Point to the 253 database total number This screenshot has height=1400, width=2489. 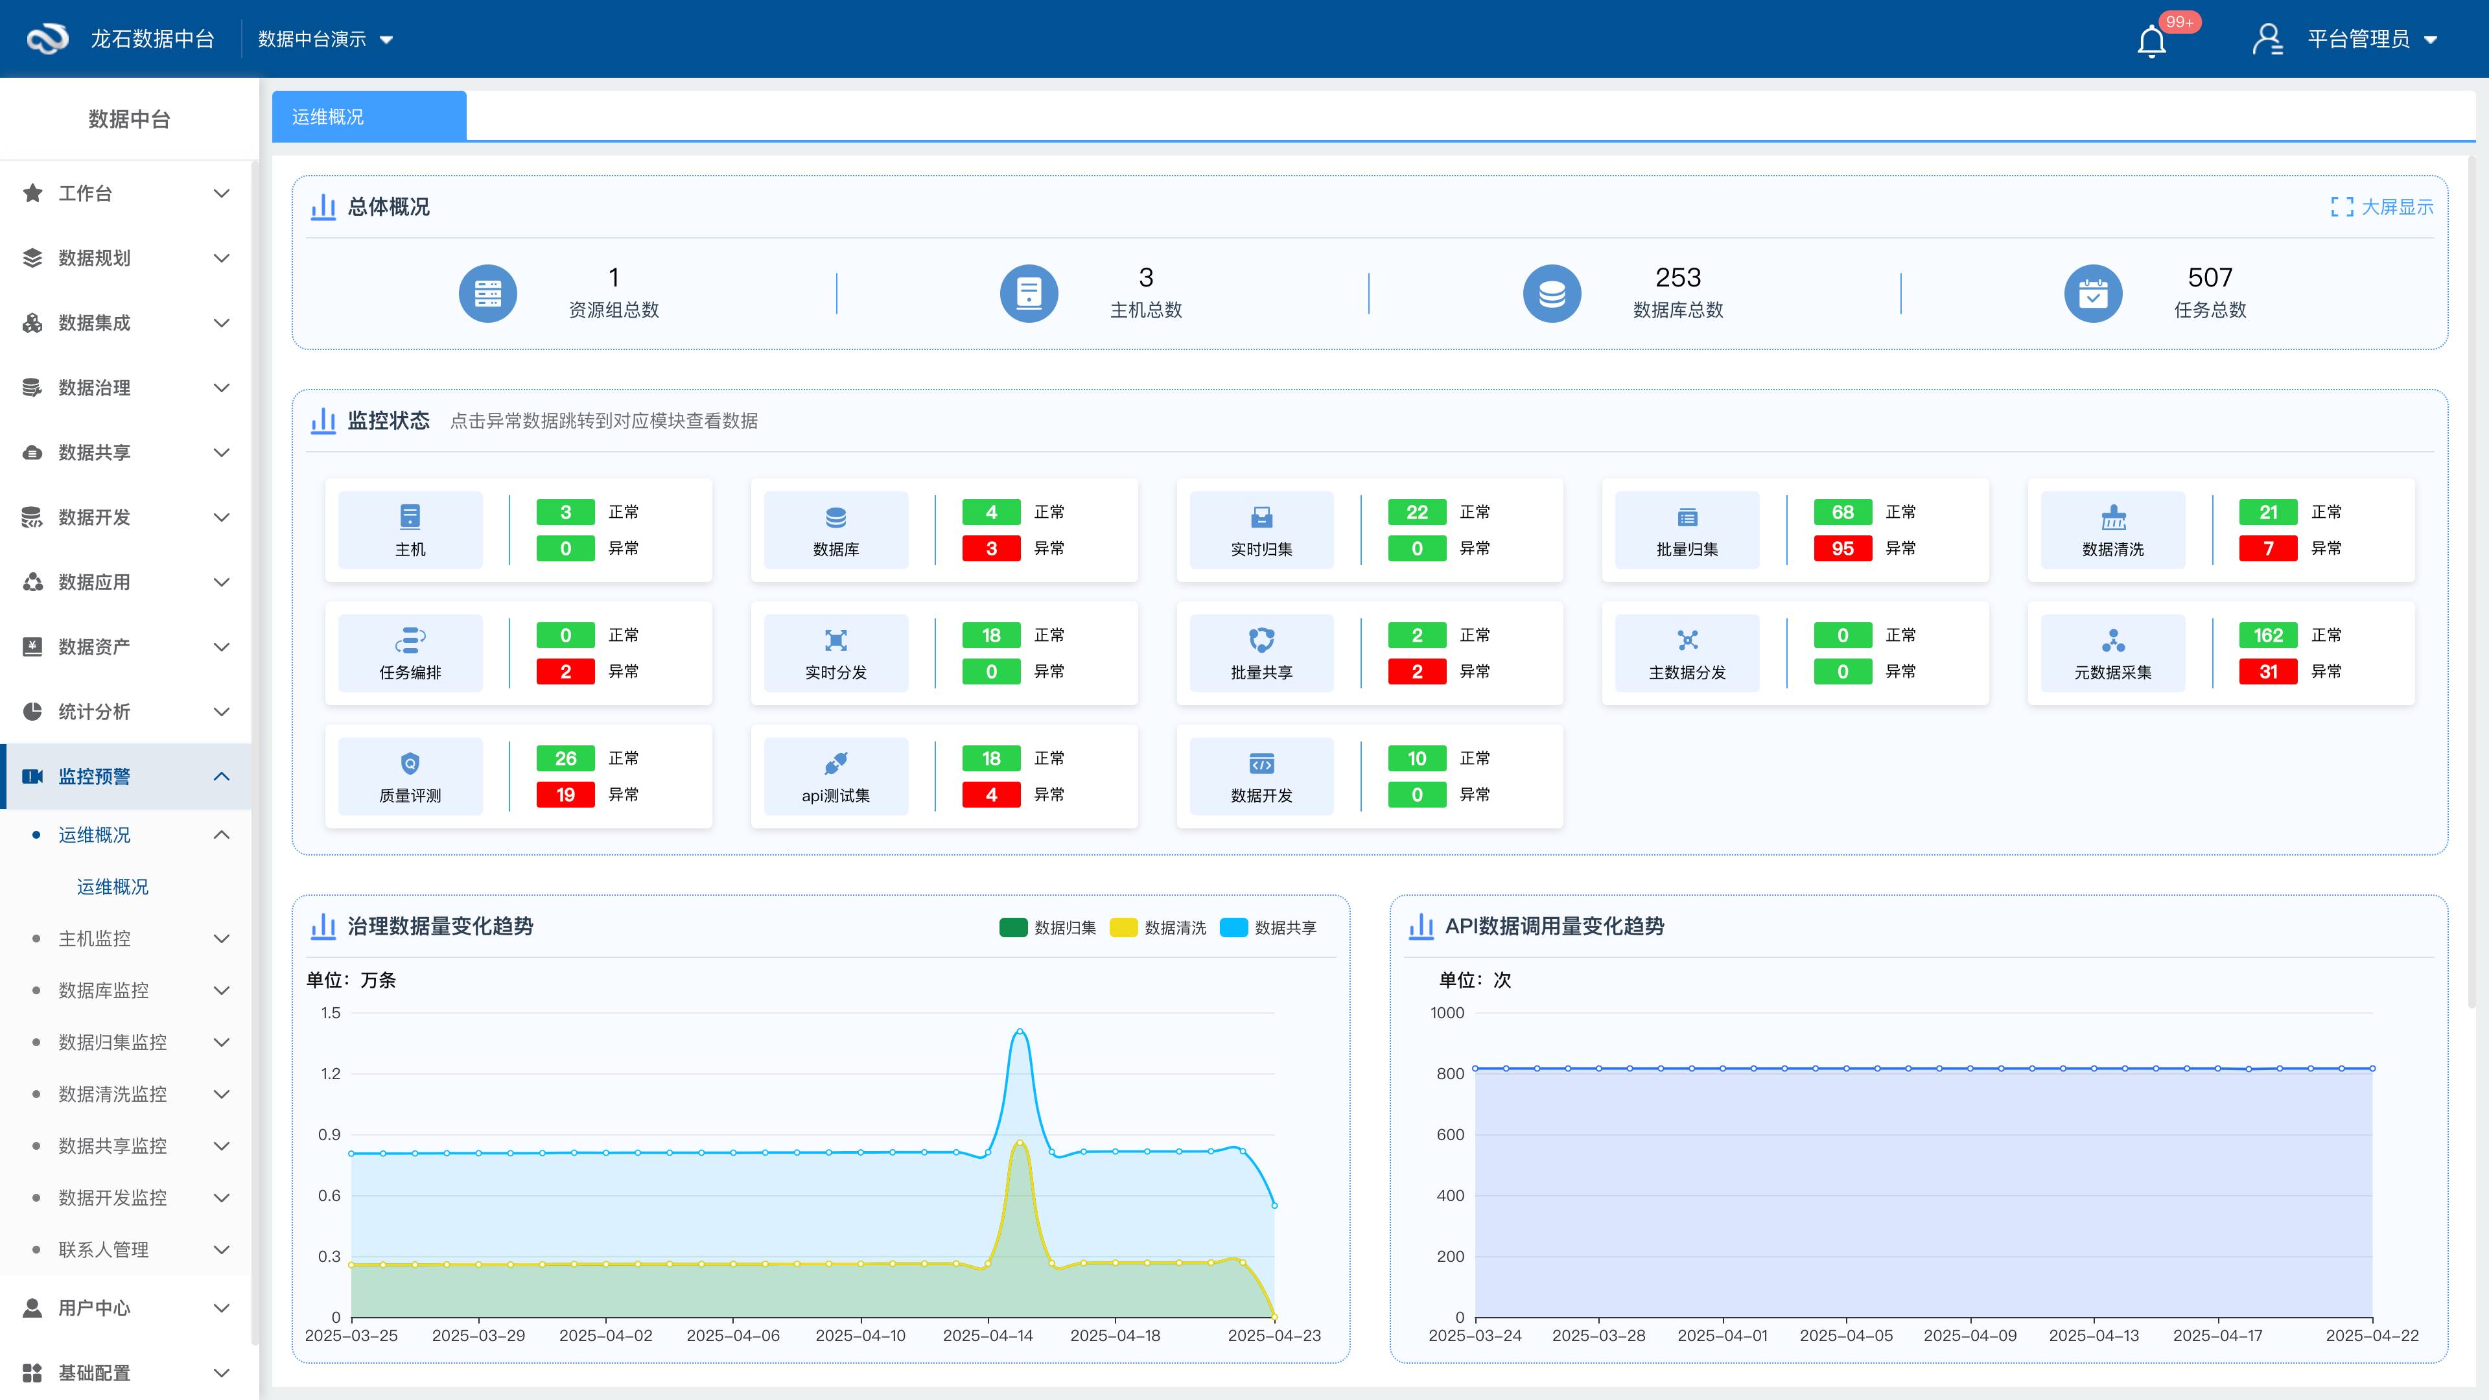(1677, 278)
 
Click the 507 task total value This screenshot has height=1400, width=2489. (2210, 278)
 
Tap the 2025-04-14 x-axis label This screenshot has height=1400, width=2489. (987, 1335)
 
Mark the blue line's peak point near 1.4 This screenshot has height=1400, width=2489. (1020, 1032)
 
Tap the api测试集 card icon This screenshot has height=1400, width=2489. (836, 764)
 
